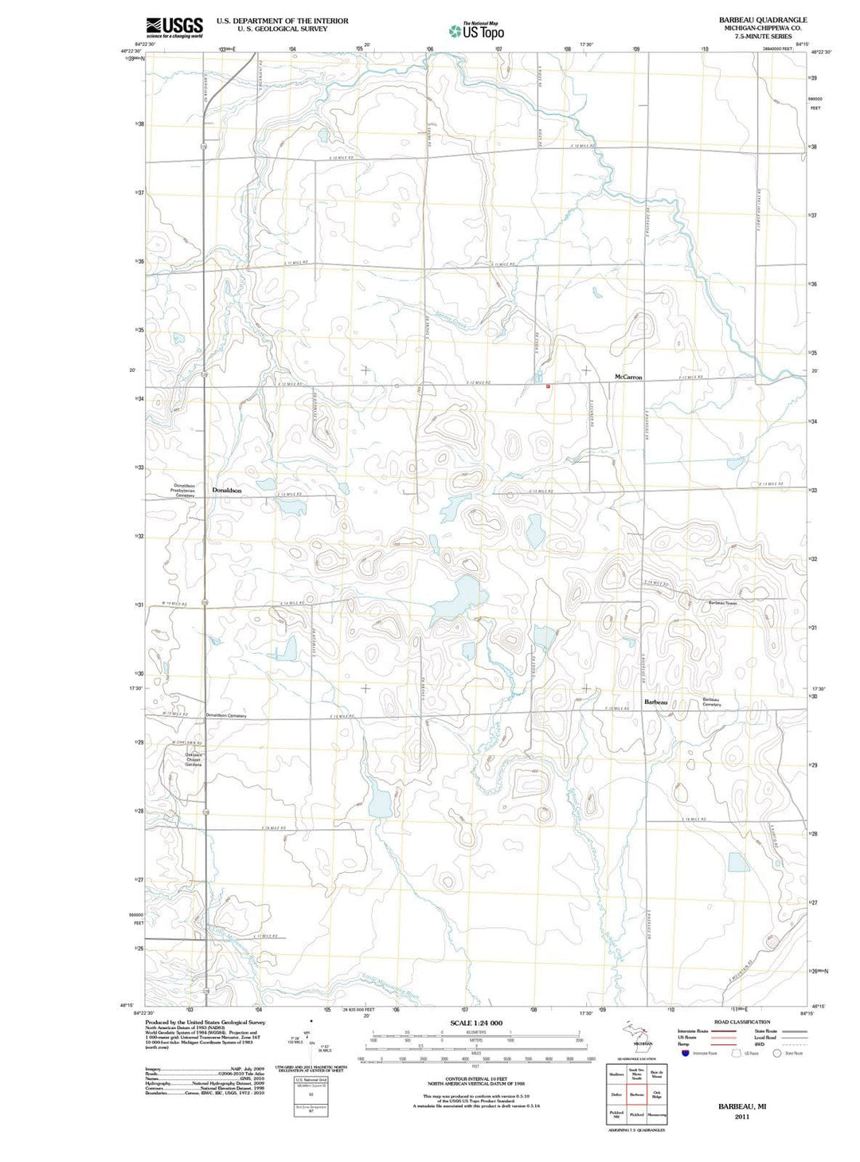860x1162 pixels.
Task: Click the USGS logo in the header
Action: pyautogui.click(x=174, y=27)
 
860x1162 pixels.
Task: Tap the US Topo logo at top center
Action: pyautogui.click(x=477, y=31)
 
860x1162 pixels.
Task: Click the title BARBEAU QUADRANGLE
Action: pyautogui.click(x=762, y=20)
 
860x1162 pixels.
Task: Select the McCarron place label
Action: pyautogui.click(x=627, y=377)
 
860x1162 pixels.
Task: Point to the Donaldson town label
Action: pyautogui.click(x=227, y=491)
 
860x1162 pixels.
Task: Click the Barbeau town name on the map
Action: pyautogui.click(x=655, y=702)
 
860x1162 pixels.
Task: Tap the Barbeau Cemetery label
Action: pyautogui.click(x=711, y=702)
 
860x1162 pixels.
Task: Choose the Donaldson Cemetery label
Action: pyautogui.click(x=226, y=716)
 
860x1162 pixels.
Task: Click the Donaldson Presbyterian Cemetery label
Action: pyautogui.click(x=186, y=491)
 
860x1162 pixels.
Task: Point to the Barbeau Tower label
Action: pyautogui.click(x=722, y=603)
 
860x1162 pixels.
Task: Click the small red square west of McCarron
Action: pyautogui.click(x=548, y=386)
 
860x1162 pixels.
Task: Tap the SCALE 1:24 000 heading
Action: pyautogui.click(x=476, y=1023)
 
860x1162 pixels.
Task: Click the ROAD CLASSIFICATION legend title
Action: pyautogui.click(x=742, y=1022)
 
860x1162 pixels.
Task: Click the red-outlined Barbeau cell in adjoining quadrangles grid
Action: pyautogui.click(x=636, y=1095)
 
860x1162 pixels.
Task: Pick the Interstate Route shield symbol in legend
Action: pyautogui.click(x=685, y=1053)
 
